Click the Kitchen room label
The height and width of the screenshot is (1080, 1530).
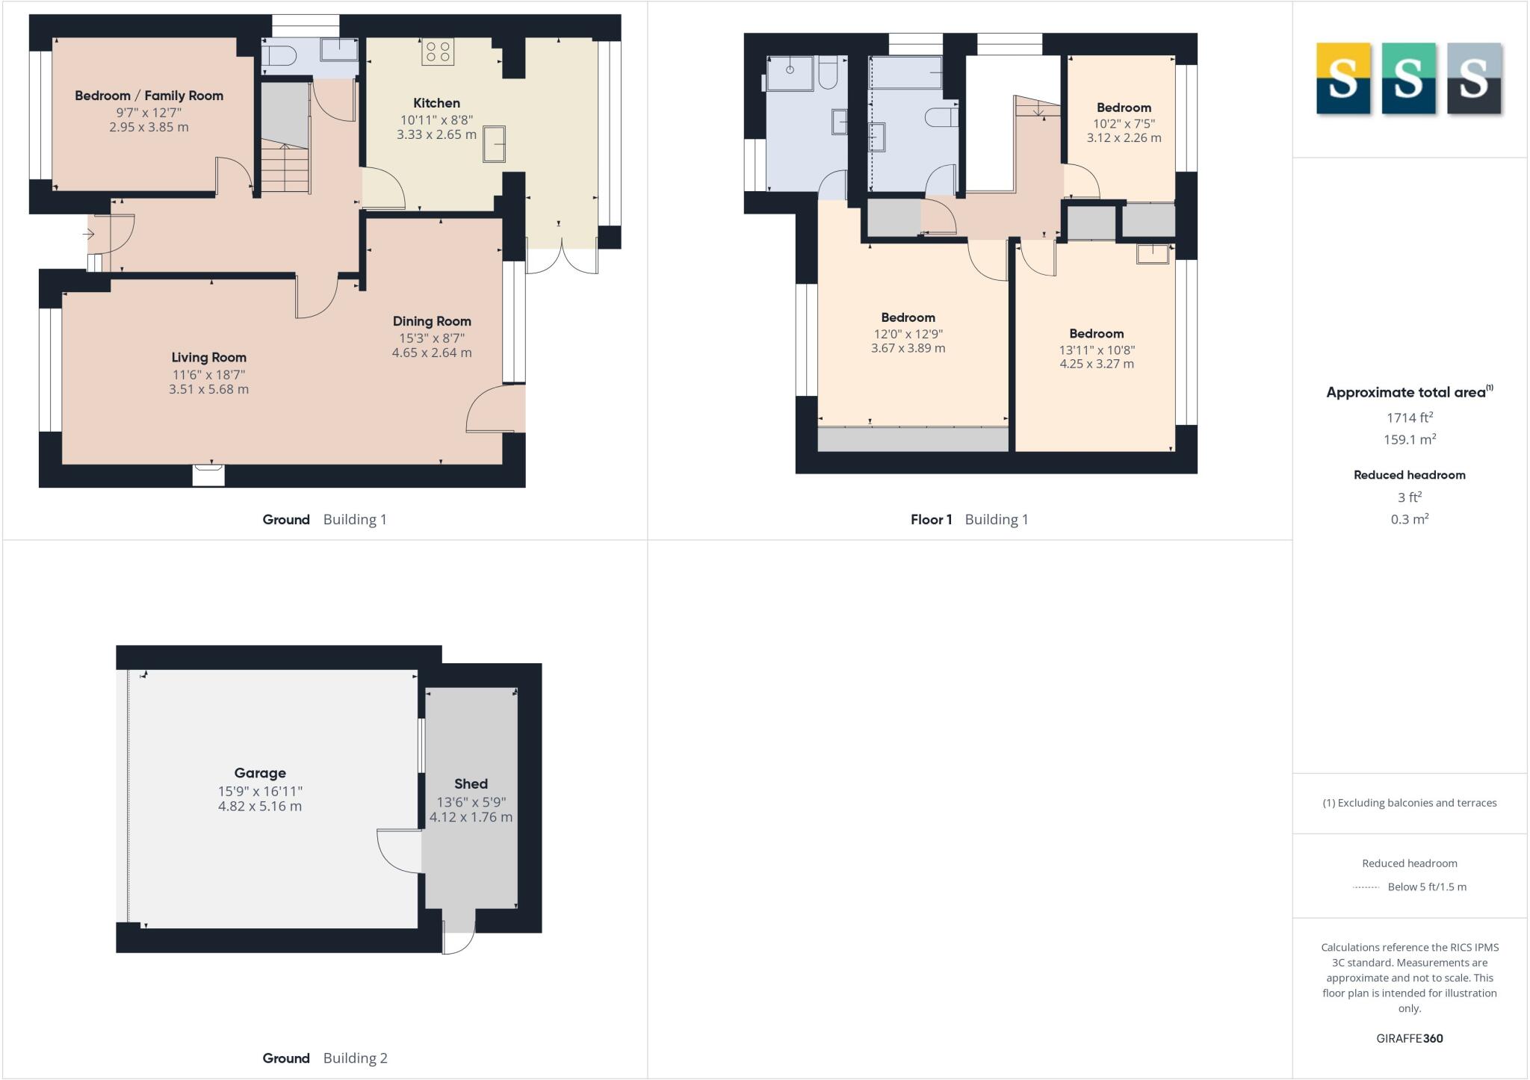(436, 103)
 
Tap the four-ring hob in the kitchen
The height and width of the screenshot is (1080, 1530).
(437, 52)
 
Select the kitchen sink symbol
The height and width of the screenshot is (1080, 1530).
(494, 143)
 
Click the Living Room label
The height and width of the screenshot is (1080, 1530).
(208, 358)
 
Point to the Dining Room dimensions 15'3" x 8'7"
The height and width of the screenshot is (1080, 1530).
(432, 338)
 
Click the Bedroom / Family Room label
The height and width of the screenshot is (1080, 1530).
(149, 96)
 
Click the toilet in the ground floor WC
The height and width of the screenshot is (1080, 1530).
(279, 55)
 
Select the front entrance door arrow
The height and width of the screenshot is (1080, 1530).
(89, 235)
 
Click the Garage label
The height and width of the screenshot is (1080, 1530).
(260, 773)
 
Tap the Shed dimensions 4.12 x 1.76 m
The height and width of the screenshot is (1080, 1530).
(471, 817)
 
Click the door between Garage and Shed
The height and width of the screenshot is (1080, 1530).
(400, 851)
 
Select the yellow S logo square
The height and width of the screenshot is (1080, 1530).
(1342, 78)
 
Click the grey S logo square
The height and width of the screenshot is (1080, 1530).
(1473, 78)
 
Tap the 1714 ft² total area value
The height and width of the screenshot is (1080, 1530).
(1409, 418)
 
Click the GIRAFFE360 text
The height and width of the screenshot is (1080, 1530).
(1409, 1038)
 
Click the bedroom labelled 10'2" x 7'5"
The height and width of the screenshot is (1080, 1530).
(1124, 123)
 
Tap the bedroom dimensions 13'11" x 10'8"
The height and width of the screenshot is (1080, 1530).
(1096, 350)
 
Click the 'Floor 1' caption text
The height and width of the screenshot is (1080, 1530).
(931, 520)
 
